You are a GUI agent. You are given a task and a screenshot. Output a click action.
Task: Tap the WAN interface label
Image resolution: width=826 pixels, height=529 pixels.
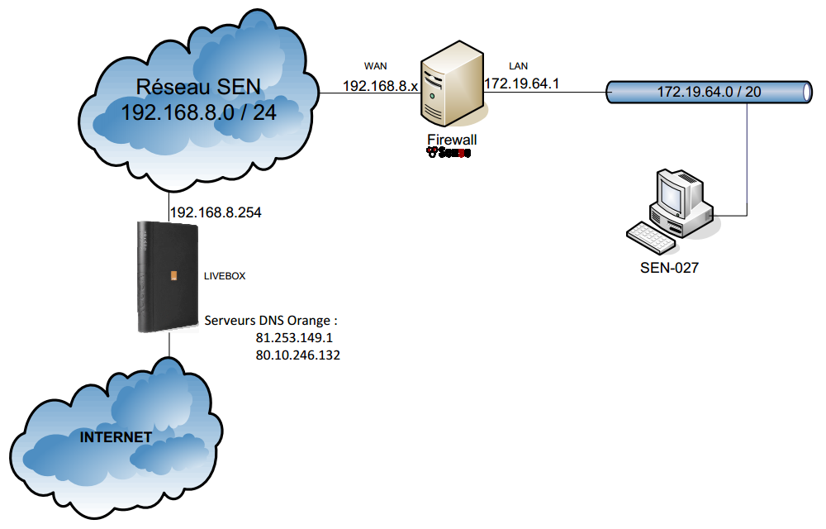click(x=376, y=64)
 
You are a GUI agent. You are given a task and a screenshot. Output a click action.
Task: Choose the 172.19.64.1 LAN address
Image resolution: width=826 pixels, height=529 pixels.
click(x=521, y=83)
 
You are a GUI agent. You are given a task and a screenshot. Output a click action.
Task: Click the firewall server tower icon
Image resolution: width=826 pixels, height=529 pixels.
click(x=450, y=87)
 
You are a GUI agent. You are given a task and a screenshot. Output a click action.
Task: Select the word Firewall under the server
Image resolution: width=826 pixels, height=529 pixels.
click(x=452, y=140)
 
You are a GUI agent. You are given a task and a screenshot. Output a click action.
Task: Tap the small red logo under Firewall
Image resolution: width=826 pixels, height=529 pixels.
click(x=449, y=152)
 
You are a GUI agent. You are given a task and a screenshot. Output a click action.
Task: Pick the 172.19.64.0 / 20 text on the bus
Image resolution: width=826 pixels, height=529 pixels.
click(x=709, y=91)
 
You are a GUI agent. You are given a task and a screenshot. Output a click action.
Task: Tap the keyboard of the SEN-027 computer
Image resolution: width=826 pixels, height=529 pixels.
click(x=652, y=235)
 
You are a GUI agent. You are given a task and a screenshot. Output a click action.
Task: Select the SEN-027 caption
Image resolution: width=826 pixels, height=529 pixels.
click(x=669, y=268)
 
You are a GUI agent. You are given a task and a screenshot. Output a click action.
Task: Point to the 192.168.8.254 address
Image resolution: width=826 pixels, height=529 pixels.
click(x=216, y=213)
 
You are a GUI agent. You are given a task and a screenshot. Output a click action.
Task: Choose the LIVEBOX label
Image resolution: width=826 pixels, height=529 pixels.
click(x=225, y=276)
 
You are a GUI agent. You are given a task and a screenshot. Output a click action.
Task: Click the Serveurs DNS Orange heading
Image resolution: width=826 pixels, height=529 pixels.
click(x=272, y=320)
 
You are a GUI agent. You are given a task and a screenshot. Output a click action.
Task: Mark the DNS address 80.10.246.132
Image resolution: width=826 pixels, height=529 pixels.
click(x=298, y=355)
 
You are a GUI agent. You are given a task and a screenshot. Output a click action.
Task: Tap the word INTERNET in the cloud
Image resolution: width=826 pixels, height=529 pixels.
click(x=116, y=436)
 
